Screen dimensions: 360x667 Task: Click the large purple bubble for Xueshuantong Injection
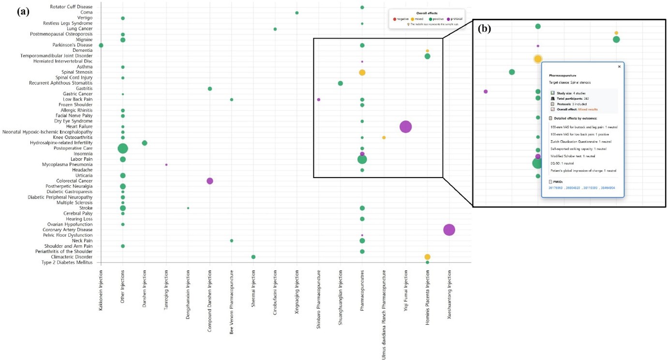(x=449, y=230)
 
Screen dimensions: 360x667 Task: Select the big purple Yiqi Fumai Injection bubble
(x=405, y=127)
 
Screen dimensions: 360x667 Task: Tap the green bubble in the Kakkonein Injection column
(x=101, y=45)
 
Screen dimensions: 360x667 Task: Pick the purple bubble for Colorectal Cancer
(x=209, y=181)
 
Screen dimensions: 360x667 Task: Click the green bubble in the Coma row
(x=296, y=13)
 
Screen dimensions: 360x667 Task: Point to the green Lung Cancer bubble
(x=275, y=29)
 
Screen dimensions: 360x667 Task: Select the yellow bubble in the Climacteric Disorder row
(x=427, y=257)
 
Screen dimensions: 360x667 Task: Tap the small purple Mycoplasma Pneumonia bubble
(x=166, y=165)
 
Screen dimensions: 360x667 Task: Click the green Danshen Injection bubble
(x=144, y=143)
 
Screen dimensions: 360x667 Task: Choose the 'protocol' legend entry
(x=455, y=18)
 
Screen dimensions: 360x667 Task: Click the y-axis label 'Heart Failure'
(x=80, y=127)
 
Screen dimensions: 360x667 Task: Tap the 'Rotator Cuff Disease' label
(x=71, y=7)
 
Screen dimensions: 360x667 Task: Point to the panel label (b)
(x=485, y=28)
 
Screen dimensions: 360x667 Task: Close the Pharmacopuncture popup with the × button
(x=619, y=67)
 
